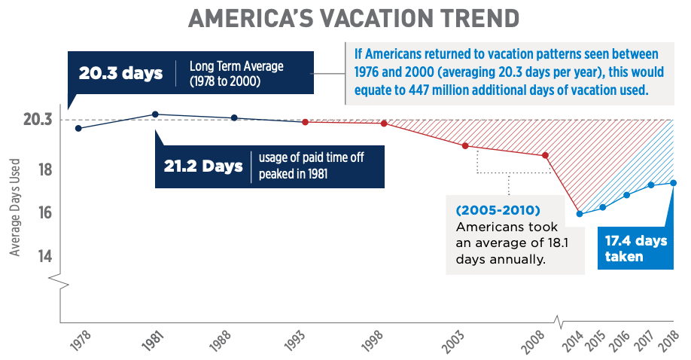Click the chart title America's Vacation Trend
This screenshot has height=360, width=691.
345,19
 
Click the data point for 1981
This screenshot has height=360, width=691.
155,114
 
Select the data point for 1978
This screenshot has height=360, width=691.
78,128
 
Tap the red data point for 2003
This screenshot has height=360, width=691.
465,146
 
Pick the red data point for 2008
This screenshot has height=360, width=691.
545,156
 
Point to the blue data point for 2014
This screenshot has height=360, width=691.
579,214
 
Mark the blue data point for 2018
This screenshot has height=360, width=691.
674,183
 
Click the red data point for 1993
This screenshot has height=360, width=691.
305,122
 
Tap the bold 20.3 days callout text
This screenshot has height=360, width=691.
120,74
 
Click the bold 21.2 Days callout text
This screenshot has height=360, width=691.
203,166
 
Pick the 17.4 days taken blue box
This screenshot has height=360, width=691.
635,249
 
